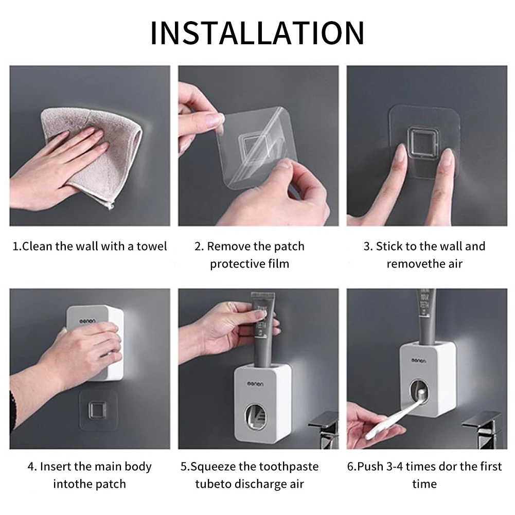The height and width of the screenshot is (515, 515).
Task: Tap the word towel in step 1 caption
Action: click(x=152, y=246)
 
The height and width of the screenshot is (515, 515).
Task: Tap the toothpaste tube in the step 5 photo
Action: click(x=261, y=329)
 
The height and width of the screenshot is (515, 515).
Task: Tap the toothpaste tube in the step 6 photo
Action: click(x=426, y=314)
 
